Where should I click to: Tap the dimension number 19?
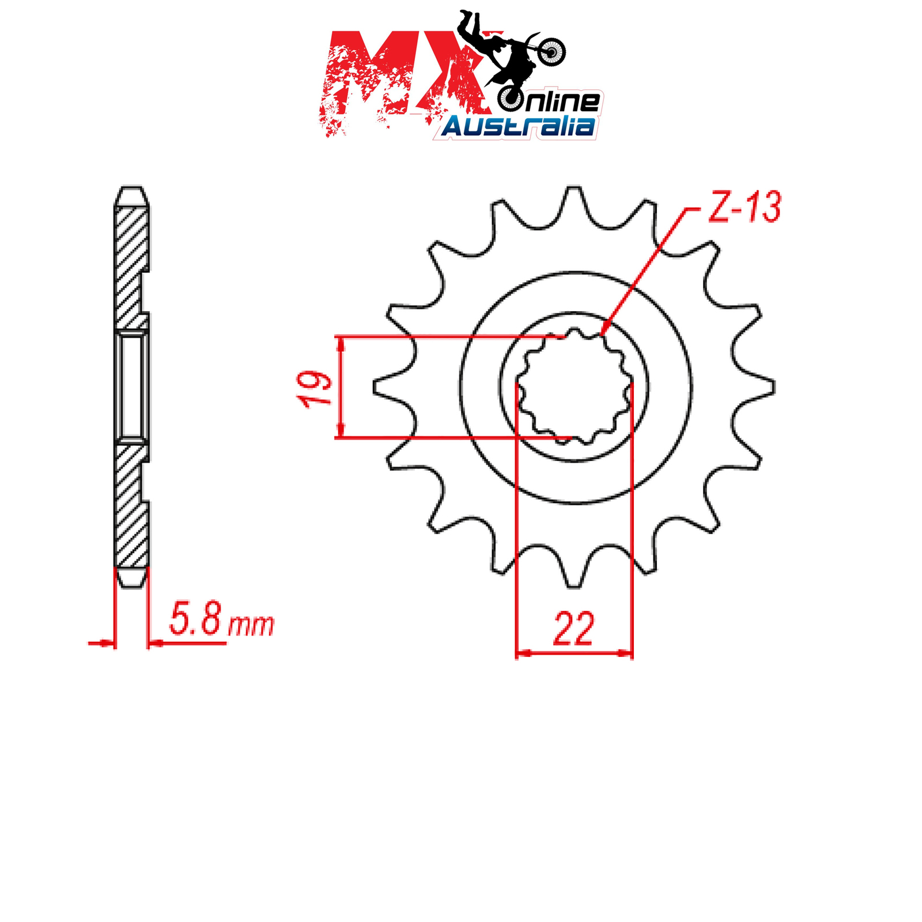[316, 389]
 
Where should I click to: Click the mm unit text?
[251, 625]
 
